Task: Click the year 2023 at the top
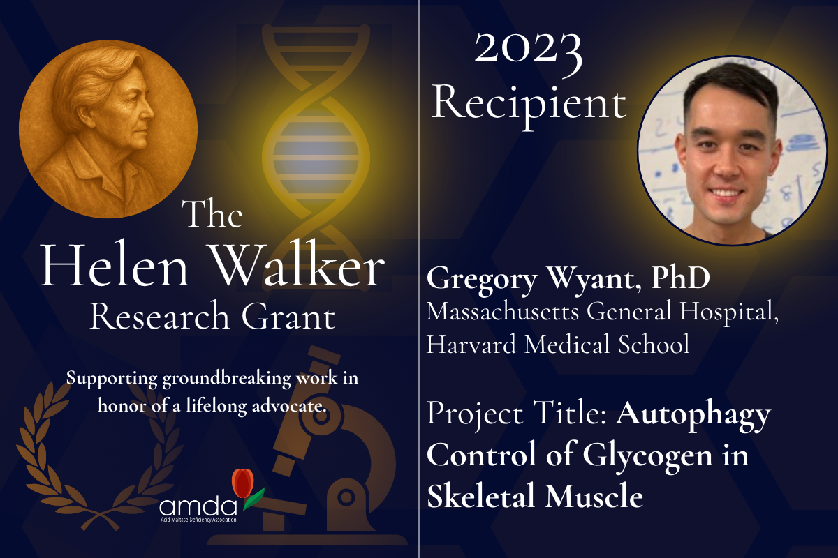pyautogui.click(x=528, y=52)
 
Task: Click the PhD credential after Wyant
pyautogui.click(x=680, y=278)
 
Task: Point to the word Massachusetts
pyautogui.click(x=503, y=311)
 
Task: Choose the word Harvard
pyautogui.click(x=471, y=345)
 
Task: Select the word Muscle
pyautogui.click(x=594, y=495)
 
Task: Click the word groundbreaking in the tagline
pyautogui.click(x=226, y=379)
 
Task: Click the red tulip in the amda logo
pyautogui.click(x=243, y=483)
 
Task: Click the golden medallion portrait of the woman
pyautogui.click(x=108, y=129)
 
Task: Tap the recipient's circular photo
pyautogui.click(x=732, y=150)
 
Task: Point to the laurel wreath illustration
pyautogui.click(x=100, y=456)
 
